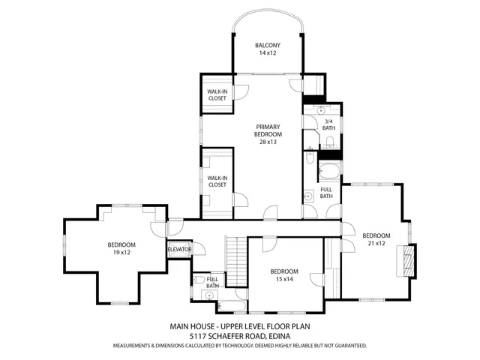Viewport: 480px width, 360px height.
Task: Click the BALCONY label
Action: coord(267,45)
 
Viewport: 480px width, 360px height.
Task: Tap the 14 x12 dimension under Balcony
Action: coord(267,54)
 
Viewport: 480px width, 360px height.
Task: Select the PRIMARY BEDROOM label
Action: coord(268,130)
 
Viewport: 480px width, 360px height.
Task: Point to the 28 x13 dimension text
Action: coord(268,142)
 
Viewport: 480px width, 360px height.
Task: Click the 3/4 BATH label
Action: coord(328,124)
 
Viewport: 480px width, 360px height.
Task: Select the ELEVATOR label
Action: coord(179,249)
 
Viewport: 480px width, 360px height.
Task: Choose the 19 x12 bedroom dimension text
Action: coord(121,253)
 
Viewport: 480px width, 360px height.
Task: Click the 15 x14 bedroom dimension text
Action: coord(284,279)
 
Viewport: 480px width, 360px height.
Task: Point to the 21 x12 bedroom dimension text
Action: coord(376,243)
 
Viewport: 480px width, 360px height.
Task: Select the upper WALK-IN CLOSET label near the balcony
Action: coord(217,95)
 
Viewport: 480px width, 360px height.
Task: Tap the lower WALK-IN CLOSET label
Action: coord(217,181)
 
